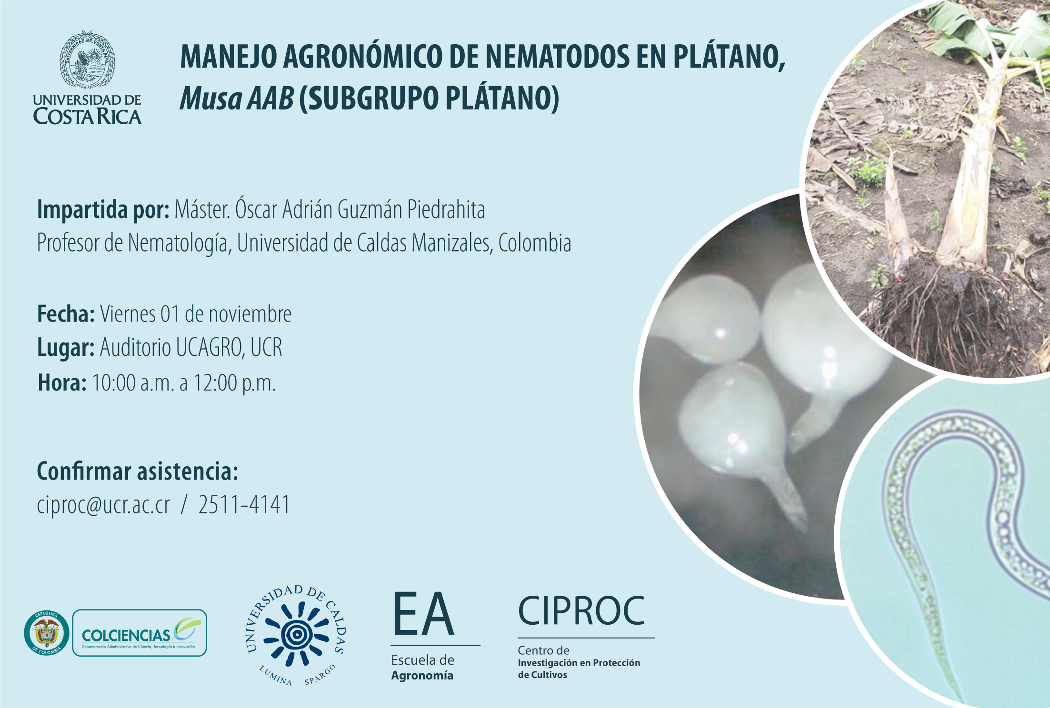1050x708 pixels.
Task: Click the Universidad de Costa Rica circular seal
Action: pos(87,60)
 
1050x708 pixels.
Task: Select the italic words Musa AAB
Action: pos(237,98)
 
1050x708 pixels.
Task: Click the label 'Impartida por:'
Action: pos(103,210)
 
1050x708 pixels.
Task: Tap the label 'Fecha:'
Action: pos(66,314)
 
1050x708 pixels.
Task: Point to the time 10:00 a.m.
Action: pos(133,383)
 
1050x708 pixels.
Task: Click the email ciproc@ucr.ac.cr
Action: pos(103,505)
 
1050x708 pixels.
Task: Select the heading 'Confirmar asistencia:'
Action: pos(138,471)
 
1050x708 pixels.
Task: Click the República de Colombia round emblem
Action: pos(47,633)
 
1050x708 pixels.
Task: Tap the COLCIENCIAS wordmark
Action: pos(126,636)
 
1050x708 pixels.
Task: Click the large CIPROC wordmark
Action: pos(581,611)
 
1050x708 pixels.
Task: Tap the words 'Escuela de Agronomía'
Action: pos(423,668)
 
